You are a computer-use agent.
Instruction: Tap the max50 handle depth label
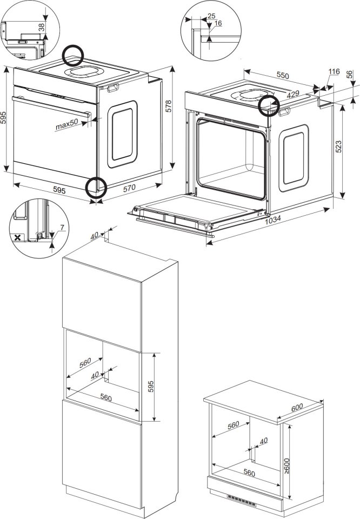66,124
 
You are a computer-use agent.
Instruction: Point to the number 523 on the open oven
338,147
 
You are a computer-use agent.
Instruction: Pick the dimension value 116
334,71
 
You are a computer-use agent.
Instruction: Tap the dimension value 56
350,75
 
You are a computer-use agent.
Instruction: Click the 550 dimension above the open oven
283,75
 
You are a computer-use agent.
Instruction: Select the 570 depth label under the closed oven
129,188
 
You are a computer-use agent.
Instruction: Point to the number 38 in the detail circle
42,27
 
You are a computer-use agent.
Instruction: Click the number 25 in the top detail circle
211,16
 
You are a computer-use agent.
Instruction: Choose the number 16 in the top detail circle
218,23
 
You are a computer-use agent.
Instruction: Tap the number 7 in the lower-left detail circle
62,228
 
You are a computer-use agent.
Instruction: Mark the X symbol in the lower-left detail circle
18,237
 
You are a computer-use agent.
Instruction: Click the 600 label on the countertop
297,408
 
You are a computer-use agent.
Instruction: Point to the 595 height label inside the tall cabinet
151,387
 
